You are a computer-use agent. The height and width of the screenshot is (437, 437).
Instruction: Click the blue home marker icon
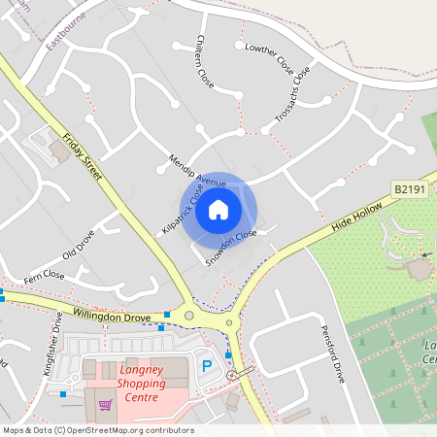point(218,210)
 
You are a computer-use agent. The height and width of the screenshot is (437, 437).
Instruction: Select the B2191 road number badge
point(411,186)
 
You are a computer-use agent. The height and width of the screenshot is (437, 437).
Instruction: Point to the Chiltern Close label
point(204,58)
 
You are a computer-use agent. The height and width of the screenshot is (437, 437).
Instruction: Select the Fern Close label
point(44,277)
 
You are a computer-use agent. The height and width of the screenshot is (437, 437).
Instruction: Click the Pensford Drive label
point(333,354)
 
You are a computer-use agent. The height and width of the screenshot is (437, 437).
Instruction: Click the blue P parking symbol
point(206,366)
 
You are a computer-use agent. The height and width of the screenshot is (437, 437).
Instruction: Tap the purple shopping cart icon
point(105,405)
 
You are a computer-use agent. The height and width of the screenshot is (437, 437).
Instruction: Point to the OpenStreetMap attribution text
point(98,430)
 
